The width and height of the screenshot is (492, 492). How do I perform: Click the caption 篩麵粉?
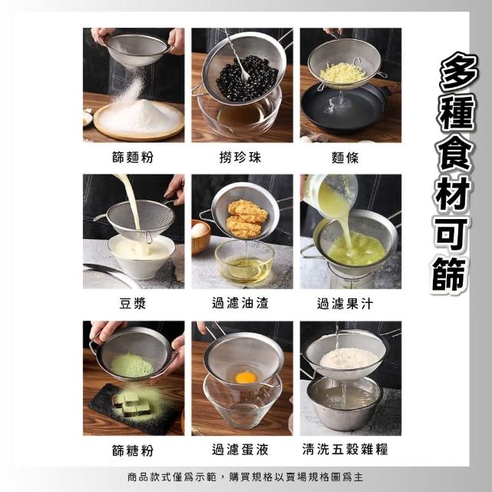[x=133, y=157]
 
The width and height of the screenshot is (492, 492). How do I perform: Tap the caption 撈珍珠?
[x=240, y=157]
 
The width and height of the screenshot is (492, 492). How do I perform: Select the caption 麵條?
[x=345, y=158]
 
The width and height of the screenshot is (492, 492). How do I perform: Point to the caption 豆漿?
[x=133, y=304]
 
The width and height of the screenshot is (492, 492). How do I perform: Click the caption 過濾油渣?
[x=240, y=303]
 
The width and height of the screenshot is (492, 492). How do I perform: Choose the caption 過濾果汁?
[x=345, y=304]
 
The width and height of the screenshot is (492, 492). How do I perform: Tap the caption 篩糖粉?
[x=133, y=450]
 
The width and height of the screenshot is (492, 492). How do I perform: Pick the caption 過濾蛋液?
[x=240, y=449]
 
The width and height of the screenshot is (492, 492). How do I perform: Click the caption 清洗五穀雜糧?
[x=345, y=449]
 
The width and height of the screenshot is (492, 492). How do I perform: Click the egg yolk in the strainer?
[x=246, y=377]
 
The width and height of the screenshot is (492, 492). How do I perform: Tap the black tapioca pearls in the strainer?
[x=247, y=78]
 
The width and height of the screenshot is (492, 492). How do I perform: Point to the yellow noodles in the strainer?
[x=343, y=73]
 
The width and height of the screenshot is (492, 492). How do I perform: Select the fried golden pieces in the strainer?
[x=247, y=218]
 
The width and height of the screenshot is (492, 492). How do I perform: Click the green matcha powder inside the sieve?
[x=131, y=366]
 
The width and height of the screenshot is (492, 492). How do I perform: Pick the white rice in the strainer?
[x=349, y=357]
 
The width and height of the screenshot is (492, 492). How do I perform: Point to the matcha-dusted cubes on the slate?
[x=131, y=404]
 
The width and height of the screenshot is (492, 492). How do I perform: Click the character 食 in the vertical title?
[x=455, y=155]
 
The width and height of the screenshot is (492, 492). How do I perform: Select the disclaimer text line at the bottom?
[x=245, y=477]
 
